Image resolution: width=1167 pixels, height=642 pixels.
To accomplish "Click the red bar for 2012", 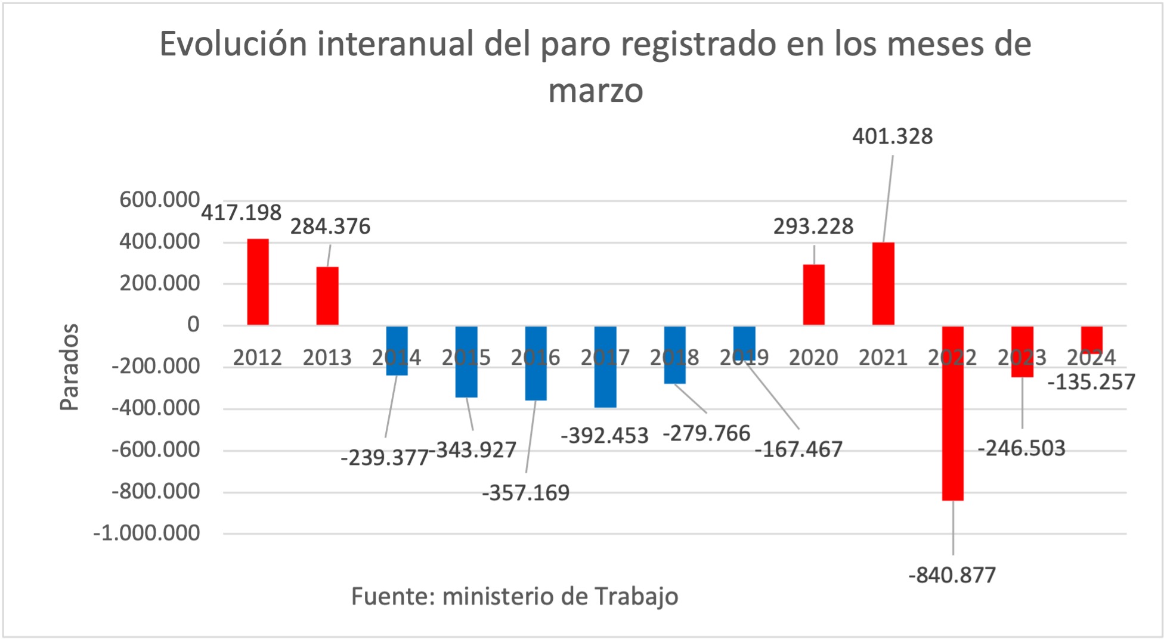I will click(258, 282).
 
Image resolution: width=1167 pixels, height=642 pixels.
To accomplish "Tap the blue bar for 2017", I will click(605, 367).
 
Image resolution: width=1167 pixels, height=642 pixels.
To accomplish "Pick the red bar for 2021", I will click(883, 284).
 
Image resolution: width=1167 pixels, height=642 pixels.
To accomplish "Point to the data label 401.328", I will click(892, 137).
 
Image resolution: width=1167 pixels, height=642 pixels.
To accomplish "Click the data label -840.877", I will click(952, 575).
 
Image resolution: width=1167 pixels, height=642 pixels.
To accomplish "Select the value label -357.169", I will click(525, 493).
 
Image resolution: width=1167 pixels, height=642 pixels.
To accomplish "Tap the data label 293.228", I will click(813, 227).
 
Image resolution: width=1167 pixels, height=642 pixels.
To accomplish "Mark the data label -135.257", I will click(1091, 382).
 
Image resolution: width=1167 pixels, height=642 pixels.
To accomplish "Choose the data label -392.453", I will click(604, 436).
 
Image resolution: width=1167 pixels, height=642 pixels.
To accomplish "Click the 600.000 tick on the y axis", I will click(159, 200).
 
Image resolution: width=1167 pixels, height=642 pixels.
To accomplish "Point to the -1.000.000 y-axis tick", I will click(147, 533).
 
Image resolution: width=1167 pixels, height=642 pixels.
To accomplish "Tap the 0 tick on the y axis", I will click(193, 325).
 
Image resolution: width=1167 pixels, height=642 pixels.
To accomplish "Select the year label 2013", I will click(327, 358).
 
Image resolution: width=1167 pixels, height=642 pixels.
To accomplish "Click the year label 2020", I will click(813, 358).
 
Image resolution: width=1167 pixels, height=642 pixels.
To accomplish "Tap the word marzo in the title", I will click(595, 91).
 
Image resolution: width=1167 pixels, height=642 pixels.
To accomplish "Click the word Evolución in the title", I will click(233, 44).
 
